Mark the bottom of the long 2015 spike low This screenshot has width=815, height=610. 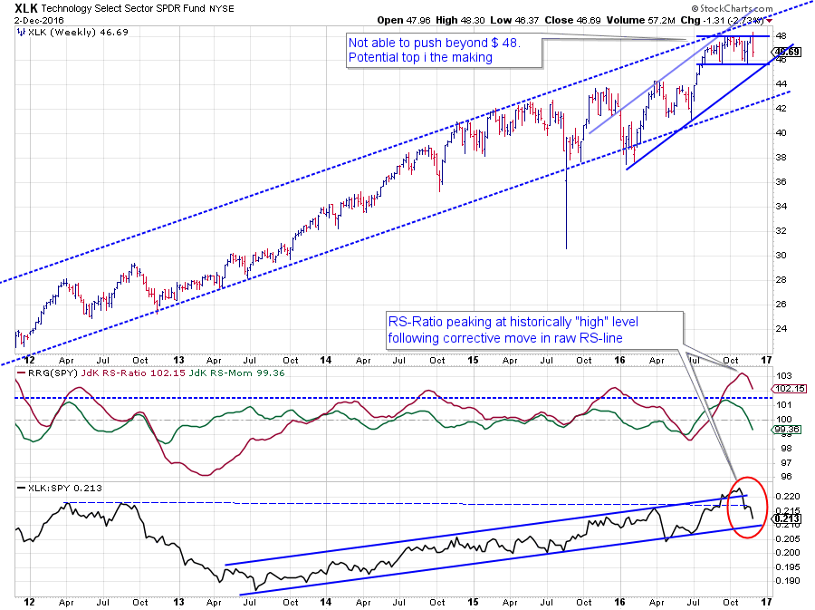[x=567, y=248]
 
